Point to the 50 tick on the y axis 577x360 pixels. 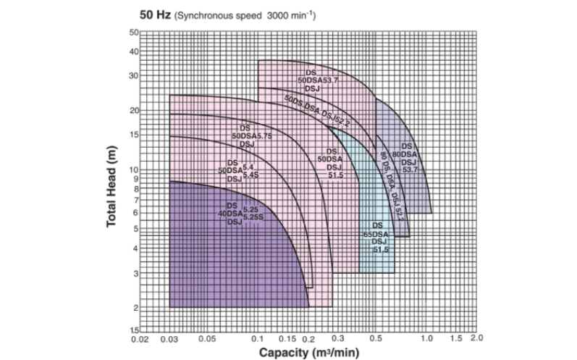pos(133,33)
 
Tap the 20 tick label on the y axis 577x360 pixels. pos(133,111)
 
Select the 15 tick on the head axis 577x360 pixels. pos(133,135)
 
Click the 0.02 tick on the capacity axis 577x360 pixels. pos(138,338)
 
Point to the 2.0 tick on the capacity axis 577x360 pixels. pos(476,338)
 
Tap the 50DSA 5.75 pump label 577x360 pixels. pos(250,135)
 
